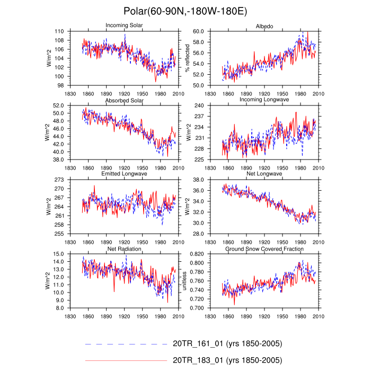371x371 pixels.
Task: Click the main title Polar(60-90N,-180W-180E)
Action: (x=185, y=11)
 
